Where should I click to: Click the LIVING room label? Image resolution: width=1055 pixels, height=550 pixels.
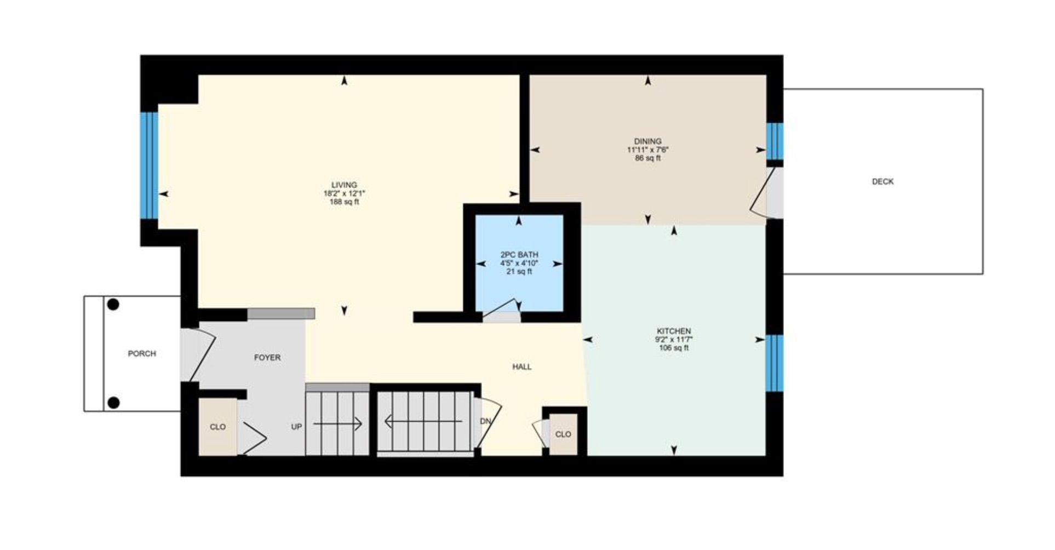tap(344, 185)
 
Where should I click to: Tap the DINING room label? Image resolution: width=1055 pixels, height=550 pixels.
tap(648, 141)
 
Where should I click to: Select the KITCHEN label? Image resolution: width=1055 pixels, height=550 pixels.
tap(674, 331)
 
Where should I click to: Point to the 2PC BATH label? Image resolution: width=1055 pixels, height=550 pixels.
tap(519, 255)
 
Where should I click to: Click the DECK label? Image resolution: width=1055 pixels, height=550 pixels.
tap(882, 181)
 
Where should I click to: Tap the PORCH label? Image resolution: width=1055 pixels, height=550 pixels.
tap(142, 354)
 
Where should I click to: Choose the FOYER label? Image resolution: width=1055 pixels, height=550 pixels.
tap(267, 358)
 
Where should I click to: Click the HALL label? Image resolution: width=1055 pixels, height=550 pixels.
tap(522, 367)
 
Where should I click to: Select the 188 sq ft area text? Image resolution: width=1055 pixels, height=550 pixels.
tap(344, 202)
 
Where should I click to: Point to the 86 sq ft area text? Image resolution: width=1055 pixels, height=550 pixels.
tap(648, 158)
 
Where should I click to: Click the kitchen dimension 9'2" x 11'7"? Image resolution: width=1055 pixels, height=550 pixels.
tap(674, 339)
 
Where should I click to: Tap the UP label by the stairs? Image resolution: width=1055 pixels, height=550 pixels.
tap(296, 427)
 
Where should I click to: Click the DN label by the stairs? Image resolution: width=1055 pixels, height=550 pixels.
tap(485, 421)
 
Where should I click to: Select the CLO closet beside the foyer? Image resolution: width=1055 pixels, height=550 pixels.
tap(217, 427)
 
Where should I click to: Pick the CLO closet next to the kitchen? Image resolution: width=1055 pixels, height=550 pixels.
tap(563, 434)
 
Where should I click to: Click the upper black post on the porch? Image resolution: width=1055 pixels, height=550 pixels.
tap(113, 305)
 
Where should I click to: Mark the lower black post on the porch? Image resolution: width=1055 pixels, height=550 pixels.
tap(113, 403)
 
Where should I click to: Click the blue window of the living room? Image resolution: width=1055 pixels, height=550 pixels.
tap(149, 165)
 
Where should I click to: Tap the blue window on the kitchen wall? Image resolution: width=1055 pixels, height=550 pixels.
tap(774, 363)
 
